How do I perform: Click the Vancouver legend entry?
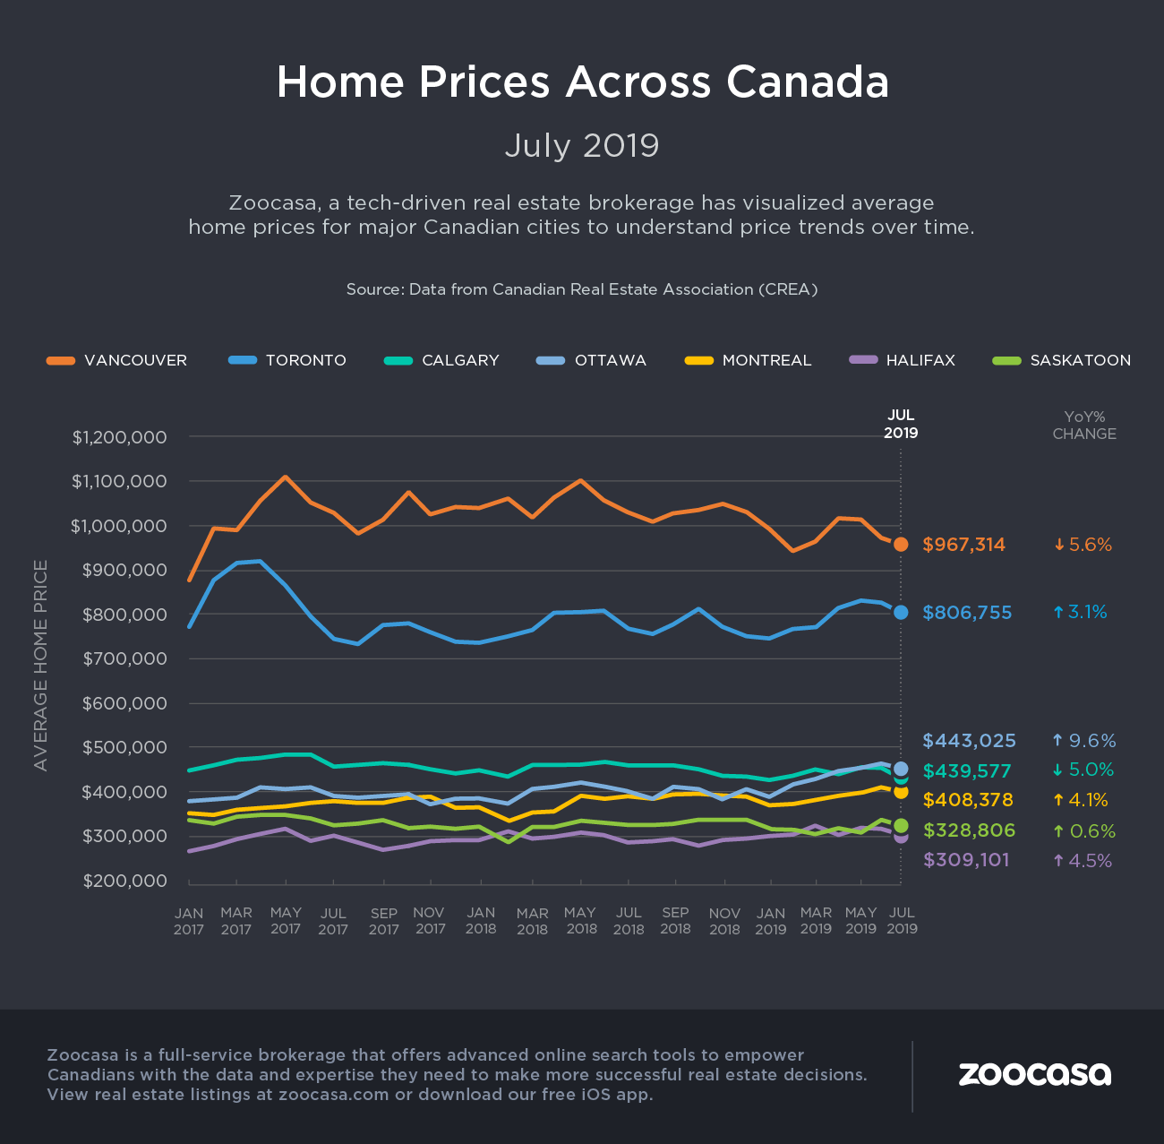click(x=117, y=360)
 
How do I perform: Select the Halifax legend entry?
click(x=903, y=360)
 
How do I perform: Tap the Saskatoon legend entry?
click(x=1063, y=360)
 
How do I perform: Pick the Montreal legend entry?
click(x=749, y=360)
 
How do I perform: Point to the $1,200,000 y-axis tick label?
click(x=119, y=437)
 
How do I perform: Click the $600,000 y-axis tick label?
click(x=124, y=703)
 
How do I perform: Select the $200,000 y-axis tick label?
click(x=124, y=881)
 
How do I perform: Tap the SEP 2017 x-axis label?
click(x=384, y=921)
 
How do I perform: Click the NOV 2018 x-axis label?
click(x=724, y=921)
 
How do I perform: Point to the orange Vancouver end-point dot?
click(x=901, y=544)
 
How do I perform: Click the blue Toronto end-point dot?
click(x=901, y=612)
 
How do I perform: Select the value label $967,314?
click(x=963, y=545)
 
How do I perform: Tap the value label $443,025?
click(x=969, y=741)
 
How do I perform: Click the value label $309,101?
click(x=966, y=860)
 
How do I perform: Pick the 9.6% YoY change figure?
click(x=1084, y=741)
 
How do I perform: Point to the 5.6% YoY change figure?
click(x=1083, y=545)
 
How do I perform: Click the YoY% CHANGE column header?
click(x=1084, y=425)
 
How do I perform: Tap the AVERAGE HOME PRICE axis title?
click(x=40, y=665)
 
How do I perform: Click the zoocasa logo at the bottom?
click(x=1034, y=1074)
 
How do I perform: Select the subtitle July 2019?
click(x=582, y=145)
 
